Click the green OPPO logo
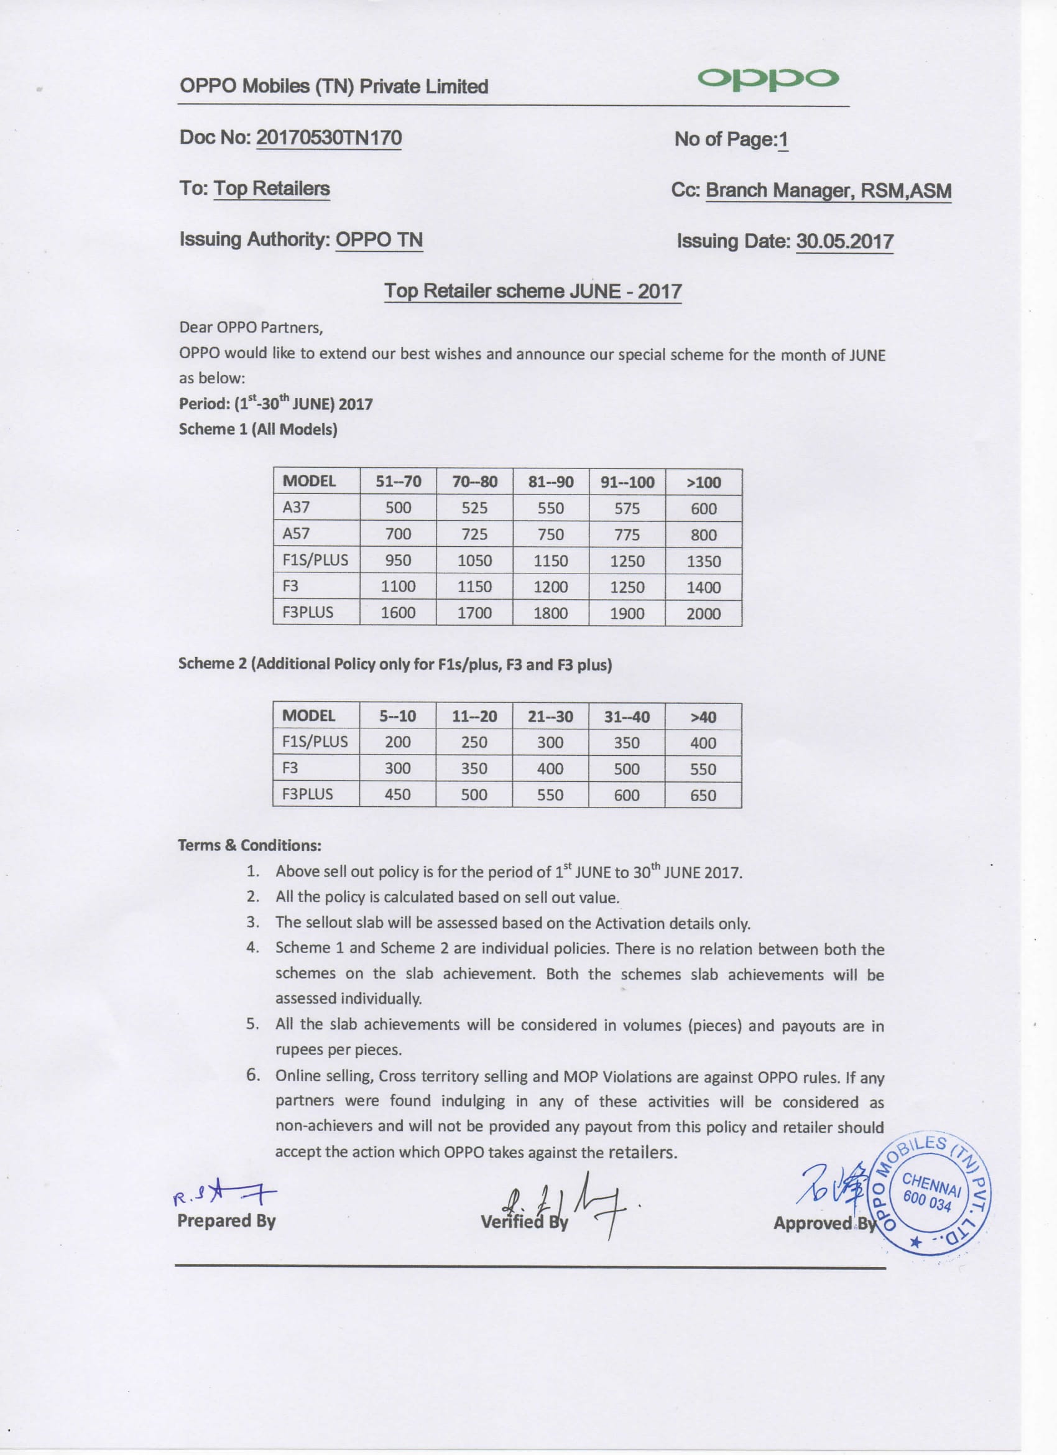pos(768,78)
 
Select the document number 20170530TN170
pos(329,138)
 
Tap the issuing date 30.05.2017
pos(844,241)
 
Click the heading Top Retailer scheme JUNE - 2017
pos(532,291)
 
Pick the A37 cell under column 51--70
pos(399,508)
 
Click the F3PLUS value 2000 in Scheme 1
pos(704,613)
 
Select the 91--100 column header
pos(627,482)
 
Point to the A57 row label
pos(297,534)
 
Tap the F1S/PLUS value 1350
pos(704,561)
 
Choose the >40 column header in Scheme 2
pos(703,717)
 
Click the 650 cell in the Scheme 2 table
pos(703,796)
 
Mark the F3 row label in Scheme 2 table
pos(290,768)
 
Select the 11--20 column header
pos(474,717)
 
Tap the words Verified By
pos(524,1222)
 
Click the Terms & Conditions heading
pos(249,845)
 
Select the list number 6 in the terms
pos(252,1074)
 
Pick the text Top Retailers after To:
pos(272,188)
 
